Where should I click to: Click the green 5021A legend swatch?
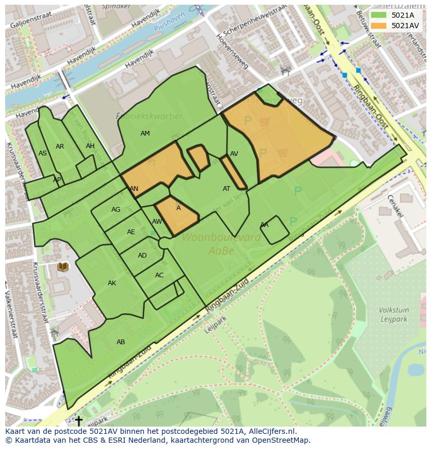point(378,15)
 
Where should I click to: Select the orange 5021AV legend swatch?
point(378,26)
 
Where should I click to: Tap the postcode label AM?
point(145,134)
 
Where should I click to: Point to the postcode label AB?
point(121,342)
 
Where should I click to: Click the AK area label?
point(112,283)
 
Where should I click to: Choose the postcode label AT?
point(226,189)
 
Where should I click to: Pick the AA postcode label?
point(264,225)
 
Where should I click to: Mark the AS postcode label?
point(43,153)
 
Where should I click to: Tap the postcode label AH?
point(90,146)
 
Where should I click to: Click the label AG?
point(116,210)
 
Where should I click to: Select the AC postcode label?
point(159,275)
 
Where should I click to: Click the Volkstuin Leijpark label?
point(394,314)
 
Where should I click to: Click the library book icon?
point(63,267)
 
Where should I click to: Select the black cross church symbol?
point(79,420)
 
